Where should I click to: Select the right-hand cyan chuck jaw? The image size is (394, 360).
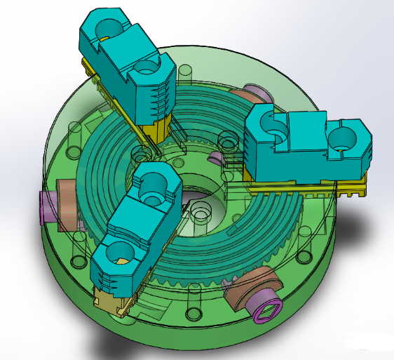308,144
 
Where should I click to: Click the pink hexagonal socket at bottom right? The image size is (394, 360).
270,309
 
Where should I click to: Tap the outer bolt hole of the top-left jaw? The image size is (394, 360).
108,27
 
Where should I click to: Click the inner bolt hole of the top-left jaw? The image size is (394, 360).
148,68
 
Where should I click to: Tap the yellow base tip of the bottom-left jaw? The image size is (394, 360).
112,305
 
